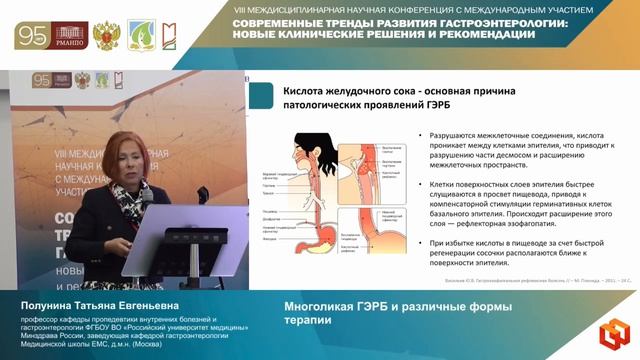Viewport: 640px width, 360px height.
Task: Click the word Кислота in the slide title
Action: [310, 88]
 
